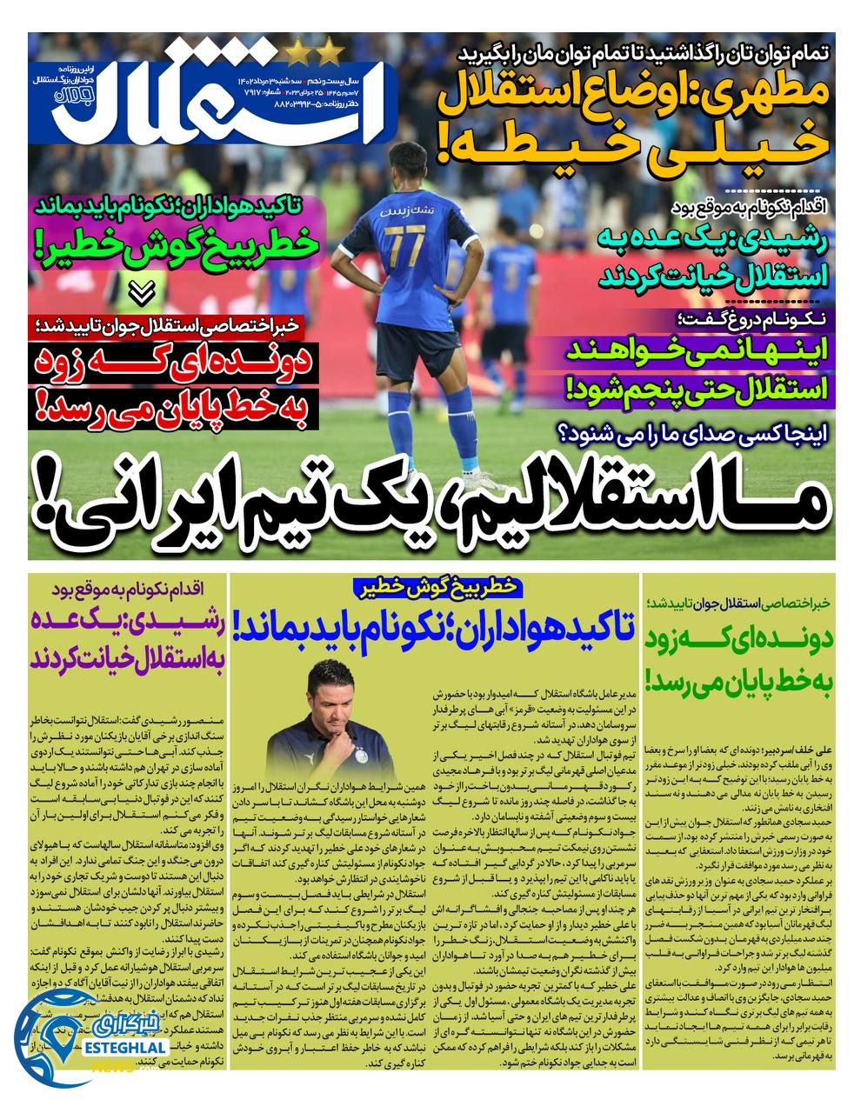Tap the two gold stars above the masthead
[x=314, y=53]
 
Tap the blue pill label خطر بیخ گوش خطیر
[x=435, y=587]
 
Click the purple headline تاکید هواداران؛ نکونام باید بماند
[x=435, y=624]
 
